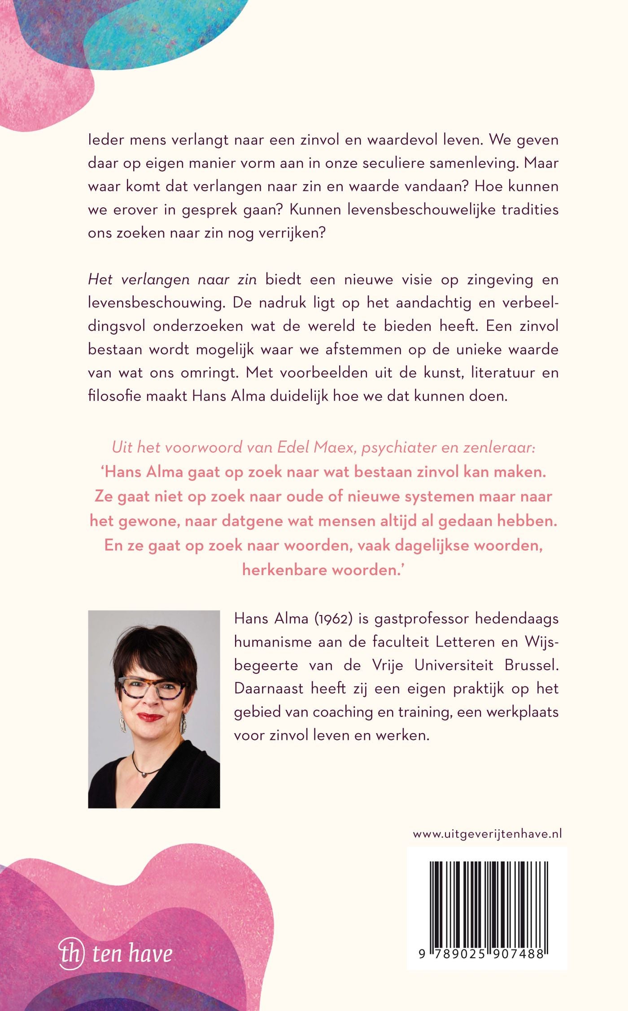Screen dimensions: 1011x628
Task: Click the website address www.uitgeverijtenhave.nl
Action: (x=487, y=834)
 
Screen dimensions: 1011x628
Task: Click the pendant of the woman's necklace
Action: (x=145, y=774)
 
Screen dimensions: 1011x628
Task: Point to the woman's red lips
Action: (x=150, y=717)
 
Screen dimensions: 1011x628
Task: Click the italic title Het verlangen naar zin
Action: (x=172, y=279)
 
